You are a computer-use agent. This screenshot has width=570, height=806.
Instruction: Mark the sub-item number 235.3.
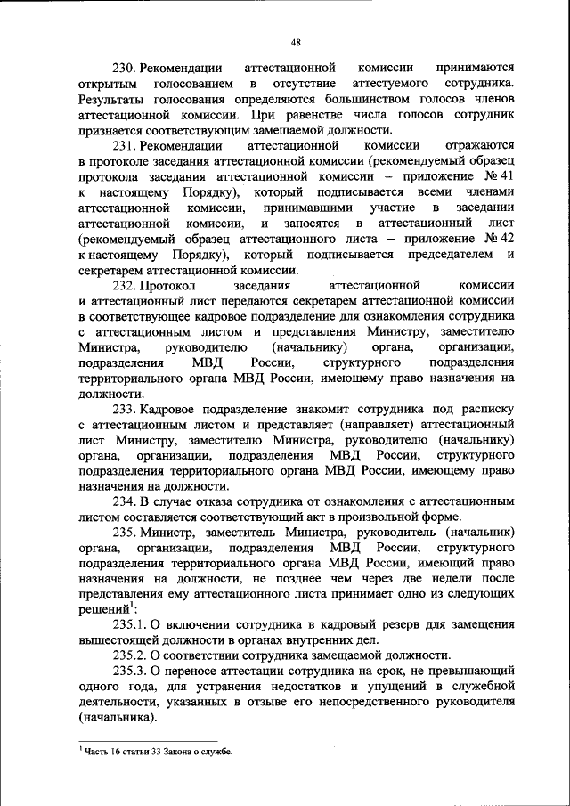(129, 671)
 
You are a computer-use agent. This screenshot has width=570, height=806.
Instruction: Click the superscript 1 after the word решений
(132, 606)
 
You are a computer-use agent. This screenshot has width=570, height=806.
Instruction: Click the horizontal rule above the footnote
(147, 740)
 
